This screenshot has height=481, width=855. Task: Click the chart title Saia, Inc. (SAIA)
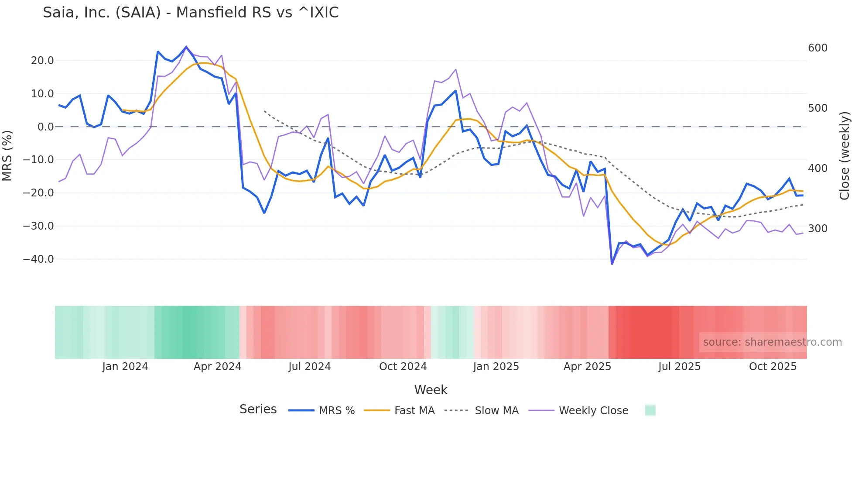pyautogui.click(x=191, y=13)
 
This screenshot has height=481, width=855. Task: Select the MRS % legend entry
pyautogui.click(x=322, y=411)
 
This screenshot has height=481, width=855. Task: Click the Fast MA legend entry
pyautogui.click(x=399, y=411)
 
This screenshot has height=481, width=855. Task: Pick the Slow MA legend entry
pyautogui.click(x=482, y=411)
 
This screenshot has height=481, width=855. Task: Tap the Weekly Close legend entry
pyautogui.click(x=578, y=411)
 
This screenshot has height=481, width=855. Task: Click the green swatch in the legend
pyautogui.click(x=650, y=410)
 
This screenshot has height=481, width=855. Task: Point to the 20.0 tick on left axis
pyautogui.click(x=42, y=61)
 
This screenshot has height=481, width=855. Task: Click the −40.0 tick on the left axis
pyautogui.click(x=38, y=259)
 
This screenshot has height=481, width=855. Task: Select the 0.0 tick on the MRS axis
pyautogui.click(x=45, y=127)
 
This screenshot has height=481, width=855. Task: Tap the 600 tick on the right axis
pyautogui.click(x=817, y=48)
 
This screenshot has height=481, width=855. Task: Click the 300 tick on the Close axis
pyautogui.click(x=817, y=229)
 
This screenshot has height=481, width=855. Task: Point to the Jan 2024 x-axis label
pyautogui.click(x=125, y=367)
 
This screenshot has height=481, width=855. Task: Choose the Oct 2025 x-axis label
pyautogui.click(x=773, y=367)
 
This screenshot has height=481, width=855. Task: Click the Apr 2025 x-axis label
pyautogui.click(x=587, y=367)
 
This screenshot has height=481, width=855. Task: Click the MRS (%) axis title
pyautogui.click(x=7, y=156)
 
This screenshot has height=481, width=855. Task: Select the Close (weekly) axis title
pyautogui.click(x=845, y=156)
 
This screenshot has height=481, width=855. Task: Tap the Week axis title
pyautogui.click(x=431, y=390)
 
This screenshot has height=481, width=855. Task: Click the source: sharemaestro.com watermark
pyautogui.click(x=772, y=342)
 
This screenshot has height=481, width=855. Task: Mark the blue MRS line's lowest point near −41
pyautogui.click(x=612, y=264)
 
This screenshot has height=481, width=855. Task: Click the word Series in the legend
pyautogui.click(x=258, y=409)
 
